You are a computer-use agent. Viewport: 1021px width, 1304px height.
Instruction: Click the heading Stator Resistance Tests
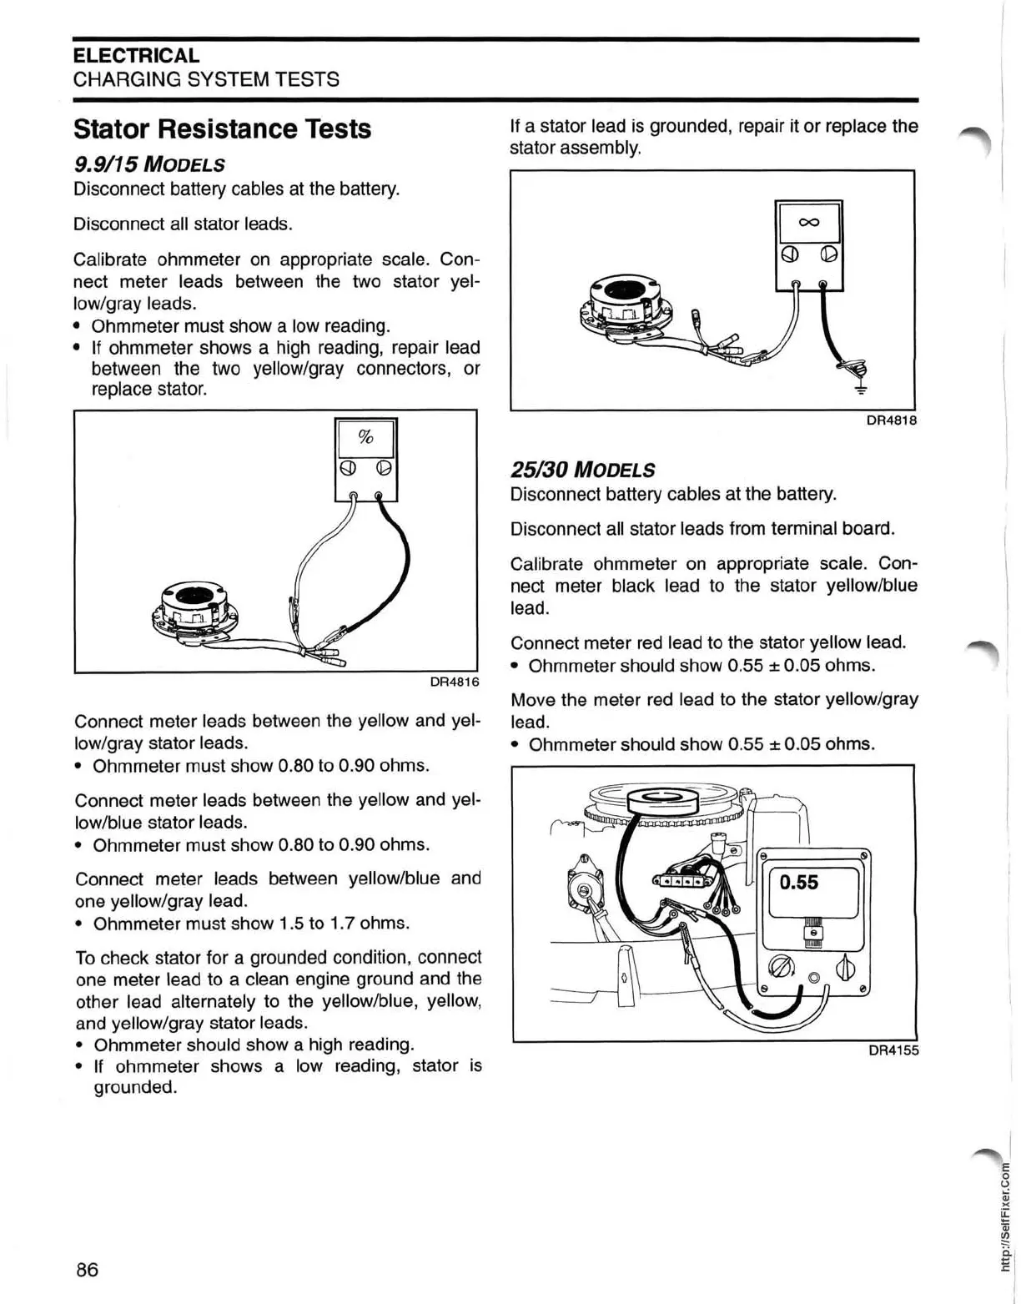222,129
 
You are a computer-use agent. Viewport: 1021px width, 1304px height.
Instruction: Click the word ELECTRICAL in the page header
136,56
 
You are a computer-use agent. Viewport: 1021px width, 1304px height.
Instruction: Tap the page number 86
87,1269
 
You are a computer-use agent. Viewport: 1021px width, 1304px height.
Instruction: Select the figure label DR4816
454,682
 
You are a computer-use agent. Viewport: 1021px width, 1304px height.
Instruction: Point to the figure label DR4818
891,420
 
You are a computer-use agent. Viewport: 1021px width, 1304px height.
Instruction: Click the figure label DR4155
893,1050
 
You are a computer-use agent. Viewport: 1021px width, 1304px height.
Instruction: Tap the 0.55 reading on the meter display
799,883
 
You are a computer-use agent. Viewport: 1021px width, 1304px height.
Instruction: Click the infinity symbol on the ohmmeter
808,222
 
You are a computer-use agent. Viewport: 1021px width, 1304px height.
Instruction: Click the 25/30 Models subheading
582,470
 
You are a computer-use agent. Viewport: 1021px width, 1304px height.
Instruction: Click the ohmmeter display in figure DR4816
365,437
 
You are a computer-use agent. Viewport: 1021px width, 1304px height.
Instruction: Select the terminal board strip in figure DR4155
684,880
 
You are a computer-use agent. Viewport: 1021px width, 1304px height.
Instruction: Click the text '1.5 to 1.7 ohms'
345,924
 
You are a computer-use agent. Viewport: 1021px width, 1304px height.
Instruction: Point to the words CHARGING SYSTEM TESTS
206,79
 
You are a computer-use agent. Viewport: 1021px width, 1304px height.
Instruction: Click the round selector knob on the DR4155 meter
781,968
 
